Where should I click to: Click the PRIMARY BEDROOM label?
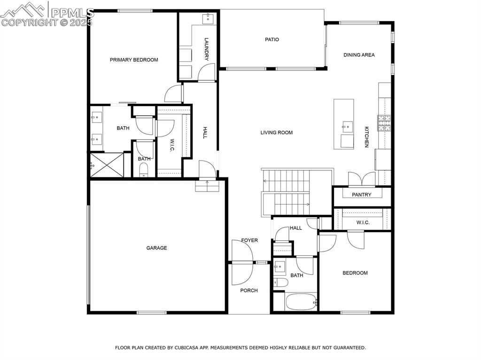click(x=134, y=60)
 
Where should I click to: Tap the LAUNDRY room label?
click(x=207, y=49)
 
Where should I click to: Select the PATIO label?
click(x=272, y=39)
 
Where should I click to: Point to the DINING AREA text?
click(x=359, y=55)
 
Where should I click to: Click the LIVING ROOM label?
click(x=276, y=132)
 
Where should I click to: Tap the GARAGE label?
click(x=156, y=248)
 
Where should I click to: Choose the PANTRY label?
click(x=361, y=194)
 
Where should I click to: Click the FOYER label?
click(x=249, y=240)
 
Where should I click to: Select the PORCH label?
click(x=249, y=291)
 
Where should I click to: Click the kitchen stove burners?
click(x=384, y=123)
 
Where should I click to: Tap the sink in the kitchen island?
click(x=348, y=126)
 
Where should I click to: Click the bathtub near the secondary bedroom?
click(x=301, y=302)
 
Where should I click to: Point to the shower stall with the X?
click(x=107, y=165)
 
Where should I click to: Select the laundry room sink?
click(x=208, y=18)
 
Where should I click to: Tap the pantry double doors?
click(x=362, y=179)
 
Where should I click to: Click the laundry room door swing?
click(x=207, y=73)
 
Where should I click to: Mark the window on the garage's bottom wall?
click(x=152, y=313)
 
